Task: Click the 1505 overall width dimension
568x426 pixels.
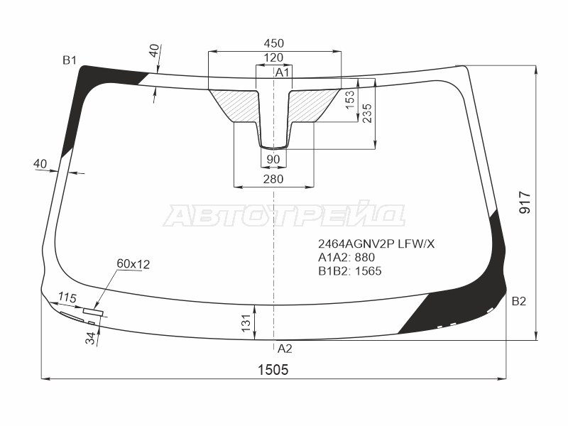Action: click(x=273, y=368)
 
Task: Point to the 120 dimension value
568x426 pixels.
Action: click(x=273, y=58)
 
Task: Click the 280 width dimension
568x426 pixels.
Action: click(x=273, y=179)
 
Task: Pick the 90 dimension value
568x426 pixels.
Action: click(x=273, y=158)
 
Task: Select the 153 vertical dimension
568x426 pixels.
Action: click(x=350, y=99)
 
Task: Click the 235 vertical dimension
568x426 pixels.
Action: click(x=366, y=112)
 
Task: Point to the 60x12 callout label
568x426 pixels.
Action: click(x=133, y=265)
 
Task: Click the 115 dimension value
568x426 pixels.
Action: click(x=67, y=297)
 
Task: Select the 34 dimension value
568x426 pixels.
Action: click(x=90, y=337)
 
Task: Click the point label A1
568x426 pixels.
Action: click(x=283, y=72)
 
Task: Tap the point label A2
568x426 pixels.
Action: click(x=284, y=349)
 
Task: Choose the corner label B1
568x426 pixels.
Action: click(x=69, y=60)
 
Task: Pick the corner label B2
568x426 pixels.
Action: click(x=519, y=302)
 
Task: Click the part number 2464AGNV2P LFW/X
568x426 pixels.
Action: click(x=376, y=244)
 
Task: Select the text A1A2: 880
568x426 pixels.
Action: click(x=346, y=258)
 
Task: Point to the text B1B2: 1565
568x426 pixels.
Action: click(x=350, y=271)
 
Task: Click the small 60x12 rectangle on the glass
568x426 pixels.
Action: click(x=92, y=312)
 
